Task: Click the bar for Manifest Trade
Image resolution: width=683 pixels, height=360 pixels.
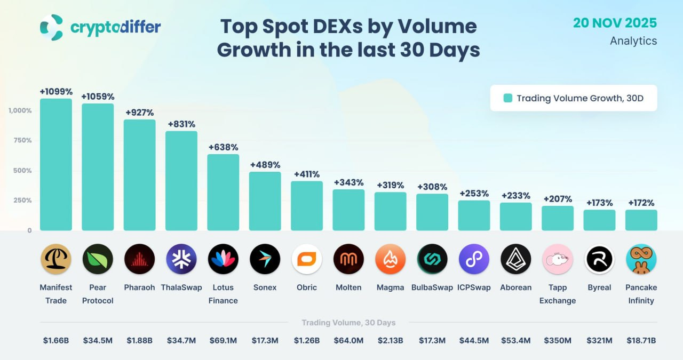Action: pos(56,164)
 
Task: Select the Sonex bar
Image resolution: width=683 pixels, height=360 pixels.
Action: pos(265,201)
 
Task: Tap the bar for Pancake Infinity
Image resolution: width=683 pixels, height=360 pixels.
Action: pos(641,220)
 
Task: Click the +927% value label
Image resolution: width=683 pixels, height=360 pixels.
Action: pos(140,113)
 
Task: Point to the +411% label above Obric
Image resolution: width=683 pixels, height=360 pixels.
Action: pos(307,174)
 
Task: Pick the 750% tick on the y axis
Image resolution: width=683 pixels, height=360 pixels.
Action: pos(22,140)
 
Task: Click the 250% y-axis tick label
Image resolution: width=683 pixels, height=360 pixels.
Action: pos(22,201)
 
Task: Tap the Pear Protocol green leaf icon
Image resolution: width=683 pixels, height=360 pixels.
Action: pos(98,259)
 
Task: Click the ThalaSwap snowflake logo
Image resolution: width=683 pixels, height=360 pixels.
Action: pos(181,259)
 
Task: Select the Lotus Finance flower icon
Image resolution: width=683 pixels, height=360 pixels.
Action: pos(223,259)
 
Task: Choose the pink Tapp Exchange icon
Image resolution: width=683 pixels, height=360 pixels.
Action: pos(558,259)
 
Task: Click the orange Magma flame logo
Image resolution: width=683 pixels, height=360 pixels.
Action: pos(390,259)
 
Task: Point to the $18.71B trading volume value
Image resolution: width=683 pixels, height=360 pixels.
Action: pos(641,340)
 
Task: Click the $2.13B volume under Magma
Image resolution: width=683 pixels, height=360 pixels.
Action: pos(390,340)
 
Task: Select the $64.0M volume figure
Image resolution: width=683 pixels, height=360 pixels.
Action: pos(348,340)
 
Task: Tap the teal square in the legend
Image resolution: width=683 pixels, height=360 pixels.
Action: pos(507,98)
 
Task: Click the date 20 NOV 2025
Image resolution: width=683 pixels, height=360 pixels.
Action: pos(615,23)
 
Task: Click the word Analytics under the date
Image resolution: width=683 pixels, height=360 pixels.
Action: pos(633,41)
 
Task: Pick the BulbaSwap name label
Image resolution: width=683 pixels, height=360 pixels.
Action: pos(432,287)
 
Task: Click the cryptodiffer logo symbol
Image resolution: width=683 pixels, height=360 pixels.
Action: pos(51,27)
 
